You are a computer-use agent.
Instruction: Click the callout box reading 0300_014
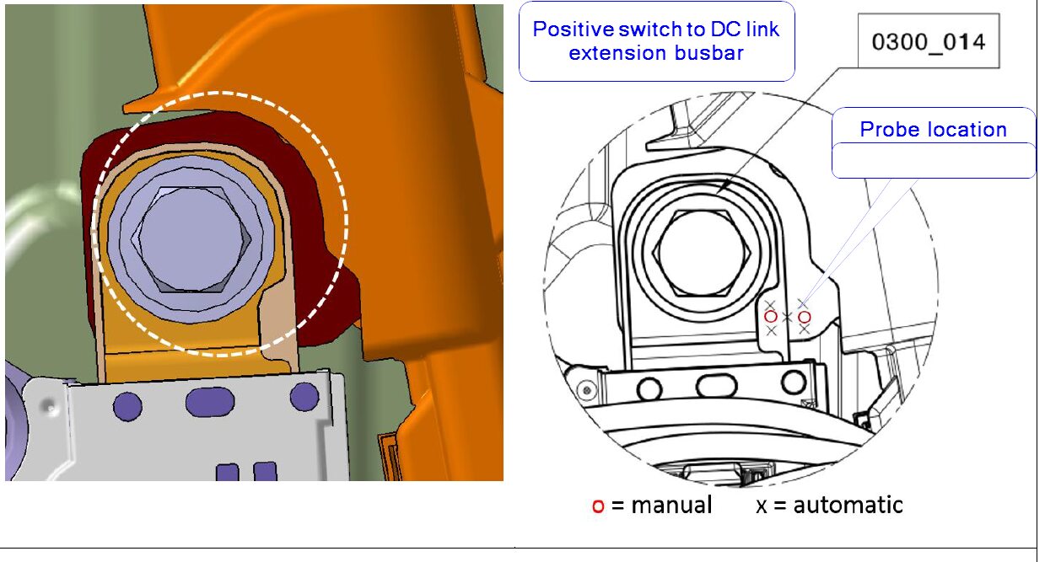tap(929, 41)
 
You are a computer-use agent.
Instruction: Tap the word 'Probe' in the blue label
tap(889, 130)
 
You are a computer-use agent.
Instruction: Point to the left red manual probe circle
tap(771, 316)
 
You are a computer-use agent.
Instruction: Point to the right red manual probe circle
tap(805, 317)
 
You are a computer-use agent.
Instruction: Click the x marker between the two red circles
tap(787, 317)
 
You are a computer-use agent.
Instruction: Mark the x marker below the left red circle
tap(771, 330)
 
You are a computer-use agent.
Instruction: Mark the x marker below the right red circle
tap(805, 329)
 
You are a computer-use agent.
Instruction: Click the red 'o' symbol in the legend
tap(598, 506)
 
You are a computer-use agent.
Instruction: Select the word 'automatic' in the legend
tap(848, 505)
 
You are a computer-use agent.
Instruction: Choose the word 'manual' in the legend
tap(671, 505)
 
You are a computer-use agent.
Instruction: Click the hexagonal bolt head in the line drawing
tap(701, 254)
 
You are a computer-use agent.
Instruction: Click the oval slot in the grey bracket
tap(210, 402)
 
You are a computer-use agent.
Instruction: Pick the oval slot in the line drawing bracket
tap(717, 385)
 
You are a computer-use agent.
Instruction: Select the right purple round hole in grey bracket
tap(304, 396)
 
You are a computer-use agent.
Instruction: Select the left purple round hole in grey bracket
tap(127, 406)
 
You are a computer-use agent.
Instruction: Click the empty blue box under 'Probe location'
tap(934, 160)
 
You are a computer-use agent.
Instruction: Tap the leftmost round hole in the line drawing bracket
tap(649, 389)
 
